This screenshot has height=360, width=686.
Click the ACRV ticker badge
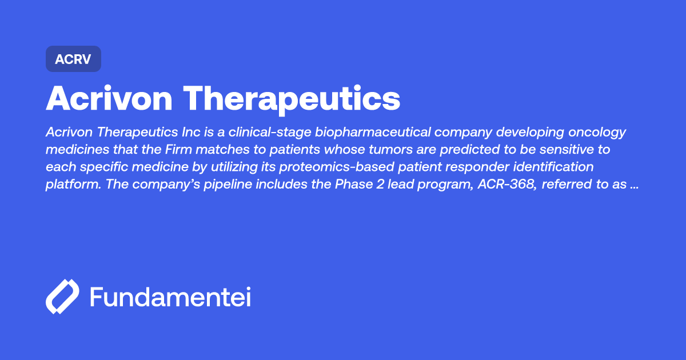point(74,59)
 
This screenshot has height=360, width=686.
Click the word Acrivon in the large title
point(109,98)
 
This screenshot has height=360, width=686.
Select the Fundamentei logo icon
point(62,297)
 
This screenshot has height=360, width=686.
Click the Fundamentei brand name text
point(170,297)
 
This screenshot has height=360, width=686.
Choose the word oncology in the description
point(597,133)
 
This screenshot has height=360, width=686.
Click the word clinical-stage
point(270,133)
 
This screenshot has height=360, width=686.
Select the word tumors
point(388,149)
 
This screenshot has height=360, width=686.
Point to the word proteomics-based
point(337,167)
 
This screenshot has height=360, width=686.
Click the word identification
point(553,167)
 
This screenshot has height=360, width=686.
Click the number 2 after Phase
point(380,184)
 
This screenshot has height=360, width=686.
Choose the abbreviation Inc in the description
point(191,132)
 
